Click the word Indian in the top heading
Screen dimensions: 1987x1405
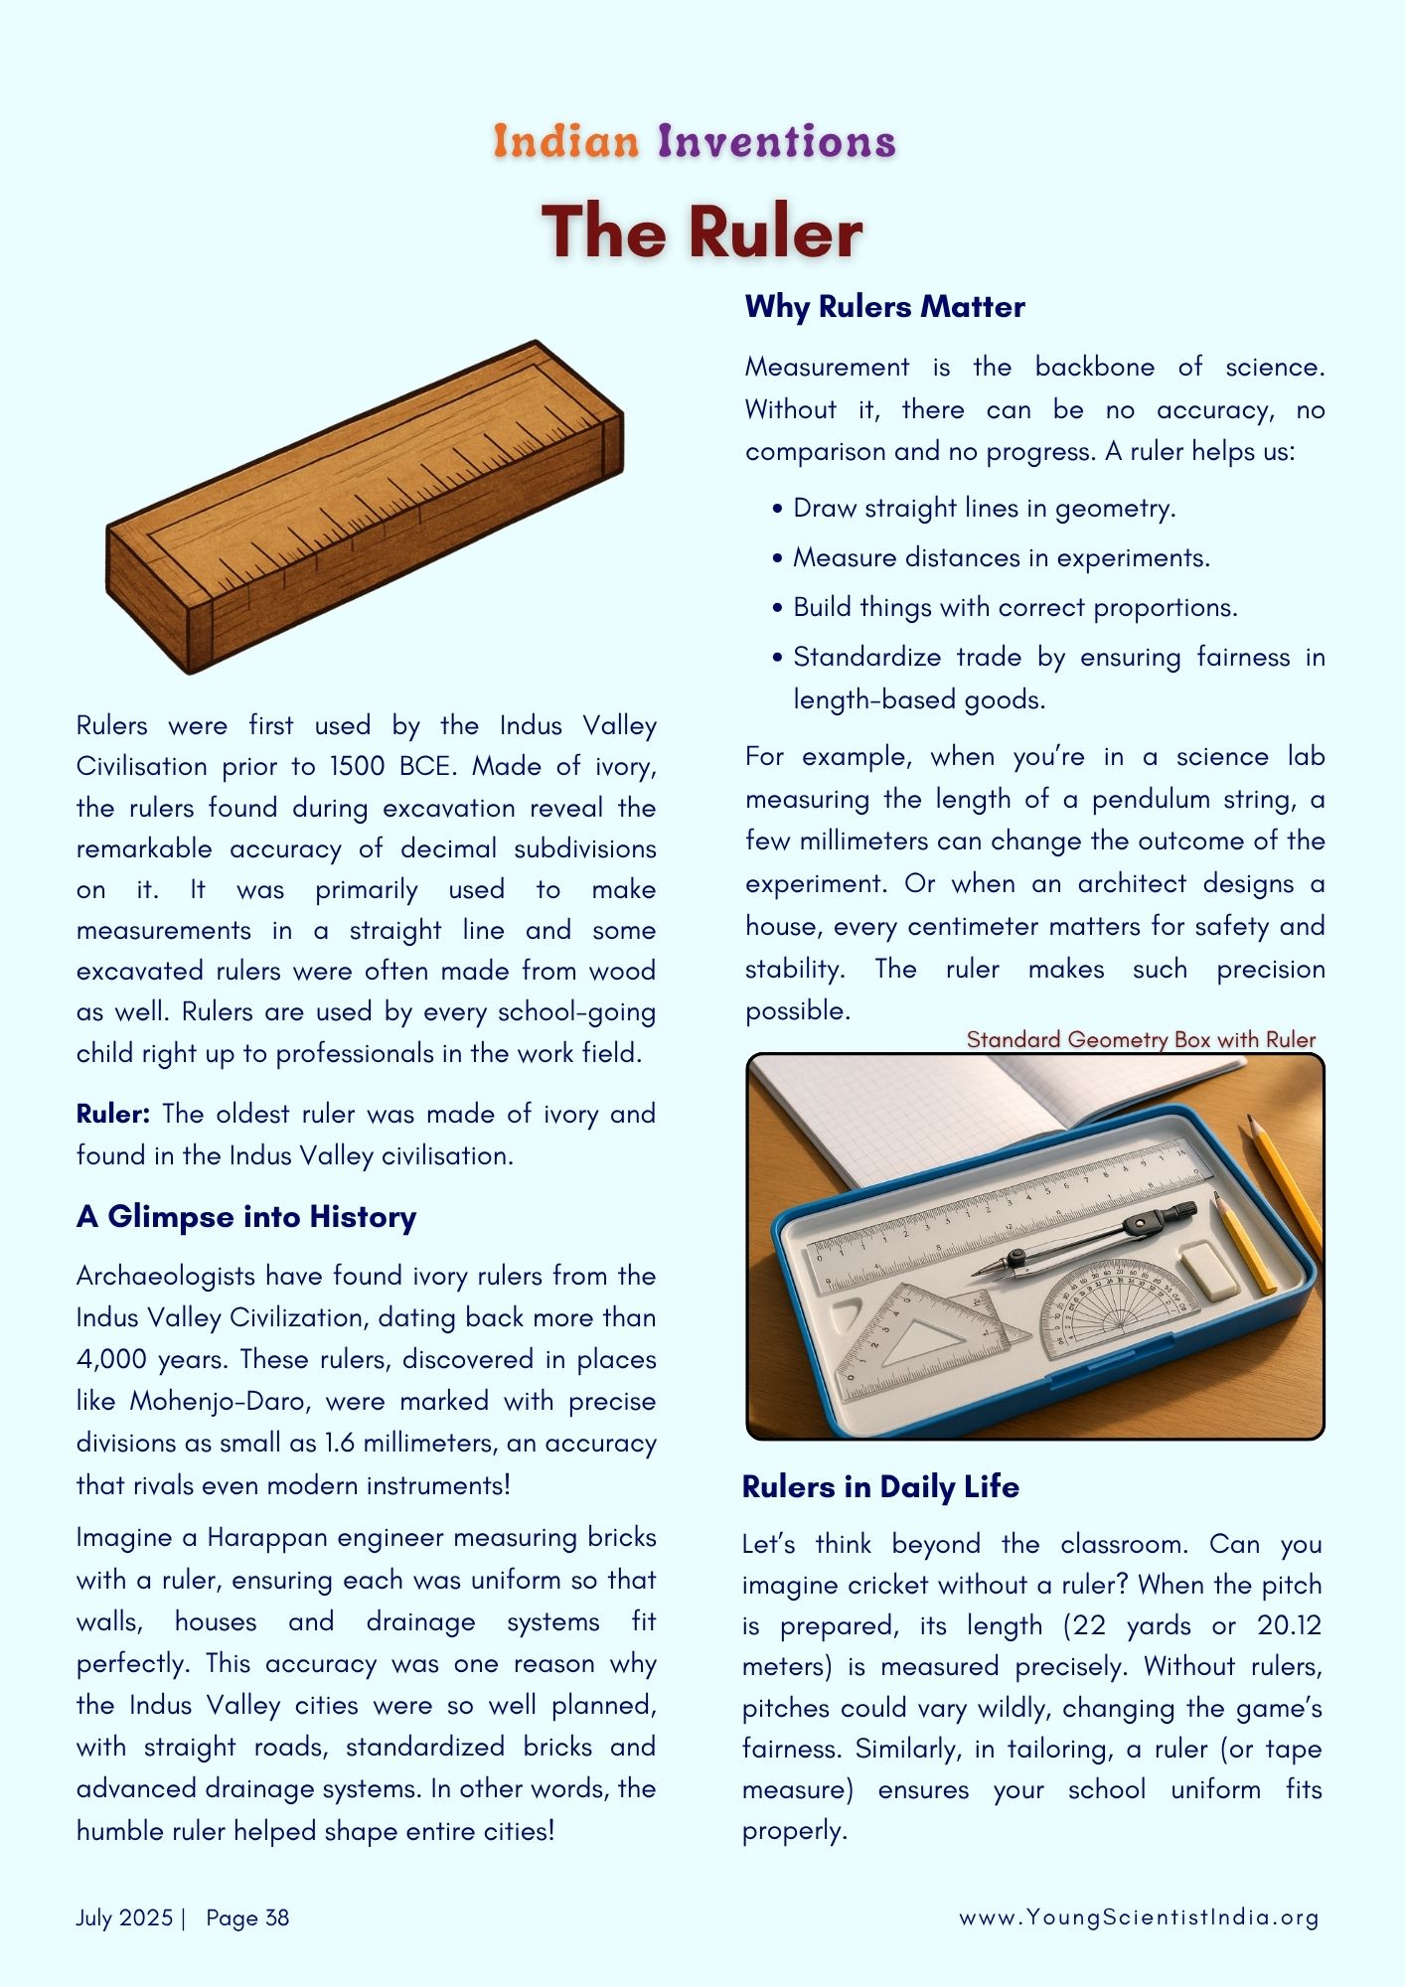566,141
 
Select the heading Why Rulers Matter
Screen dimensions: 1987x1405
884,306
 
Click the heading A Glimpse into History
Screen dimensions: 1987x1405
246,1216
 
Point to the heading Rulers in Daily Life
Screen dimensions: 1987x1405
880,1486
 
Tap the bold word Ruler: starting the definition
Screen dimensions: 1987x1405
112,1114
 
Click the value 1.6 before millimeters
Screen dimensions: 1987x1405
339,1443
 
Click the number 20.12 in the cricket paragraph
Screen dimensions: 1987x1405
1289,1625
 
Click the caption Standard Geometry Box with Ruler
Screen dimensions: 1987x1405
1141,1039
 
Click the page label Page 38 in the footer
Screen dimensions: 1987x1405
247,1917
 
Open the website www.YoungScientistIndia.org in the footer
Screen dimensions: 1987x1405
1139,1917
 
